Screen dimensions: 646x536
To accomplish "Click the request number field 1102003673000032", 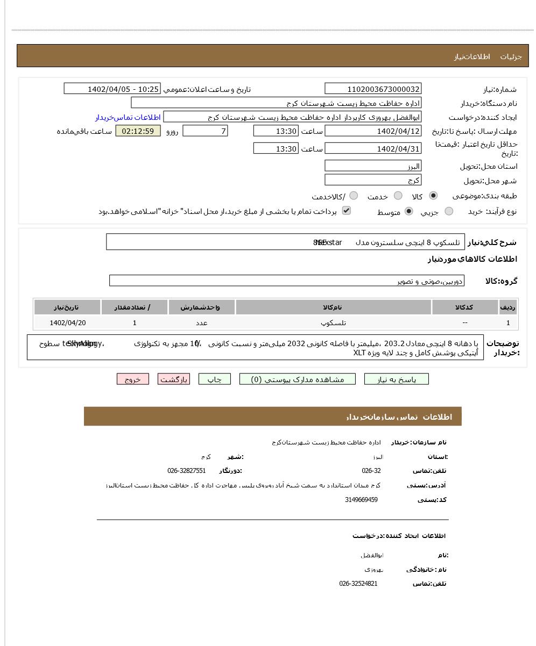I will click(373, 89).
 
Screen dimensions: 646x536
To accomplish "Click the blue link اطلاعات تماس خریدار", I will click(128, 117).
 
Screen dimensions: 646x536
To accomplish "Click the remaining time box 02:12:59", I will click(138, 131).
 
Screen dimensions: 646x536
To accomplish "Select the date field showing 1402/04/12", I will click(373, 131).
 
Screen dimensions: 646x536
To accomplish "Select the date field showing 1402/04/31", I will click(373, 149).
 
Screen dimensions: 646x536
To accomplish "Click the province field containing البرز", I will click(373, 166).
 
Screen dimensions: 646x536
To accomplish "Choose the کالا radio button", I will click(433, 196).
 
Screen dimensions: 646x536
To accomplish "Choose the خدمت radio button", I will click(398, 196).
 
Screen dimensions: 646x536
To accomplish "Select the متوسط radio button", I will click(409, 212).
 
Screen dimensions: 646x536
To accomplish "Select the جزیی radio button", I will click(449, 212).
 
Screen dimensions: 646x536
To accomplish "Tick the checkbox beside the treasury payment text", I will click(347, 211).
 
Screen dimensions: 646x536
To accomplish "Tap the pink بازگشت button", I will click(174, 379).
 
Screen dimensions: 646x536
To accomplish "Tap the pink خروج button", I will click(132, 379).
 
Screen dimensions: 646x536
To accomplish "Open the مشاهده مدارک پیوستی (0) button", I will click(298, 379).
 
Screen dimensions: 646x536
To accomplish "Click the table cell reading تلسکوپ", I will click(333, 323).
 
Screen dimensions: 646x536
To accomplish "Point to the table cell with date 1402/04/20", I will click(67, 323).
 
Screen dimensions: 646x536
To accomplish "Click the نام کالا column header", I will click(333, 307).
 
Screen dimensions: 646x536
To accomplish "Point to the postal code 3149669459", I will click(361, 500).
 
